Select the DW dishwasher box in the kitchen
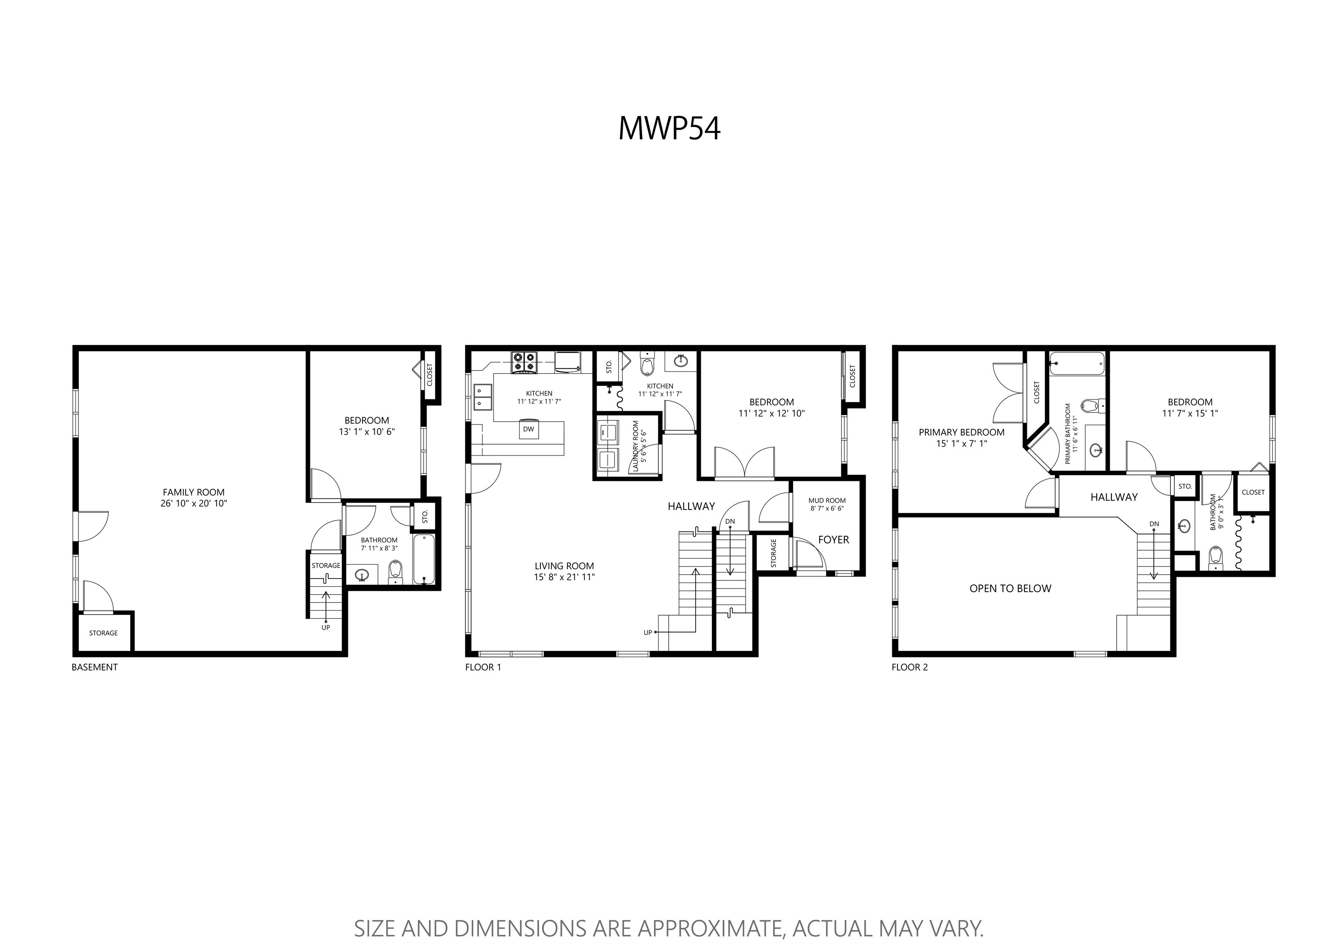pos(529,430)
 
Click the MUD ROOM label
pos(827,501)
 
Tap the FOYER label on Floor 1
pos(833,540)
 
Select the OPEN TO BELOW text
pos(1010,589)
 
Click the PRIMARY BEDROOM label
pos(962,432)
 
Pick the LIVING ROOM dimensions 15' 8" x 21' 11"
pos(564,577)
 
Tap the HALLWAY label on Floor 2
pos(1114,497)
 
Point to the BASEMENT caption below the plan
pos(94,667)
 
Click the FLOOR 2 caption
pos(910,667)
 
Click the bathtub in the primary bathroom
pos(1077,363)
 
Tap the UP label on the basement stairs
pos(326,628)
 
